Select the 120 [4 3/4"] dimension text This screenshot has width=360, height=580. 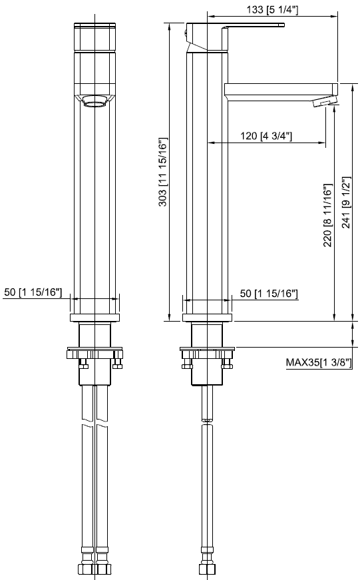[x=267, y=136]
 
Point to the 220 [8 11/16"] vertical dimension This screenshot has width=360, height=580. [x=327, y=216]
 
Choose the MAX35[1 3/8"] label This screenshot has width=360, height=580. [x=319, y=362]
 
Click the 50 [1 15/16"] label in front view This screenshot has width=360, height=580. [x=33, y=292]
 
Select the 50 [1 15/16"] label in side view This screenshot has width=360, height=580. [x=268, y=293]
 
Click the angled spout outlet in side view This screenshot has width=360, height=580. [x=325, y=101]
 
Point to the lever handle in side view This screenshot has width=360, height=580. [x=253, y=27]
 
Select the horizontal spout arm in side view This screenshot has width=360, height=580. [x=279, y=89]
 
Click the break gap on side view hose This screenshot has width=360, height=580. [x=207, y=420]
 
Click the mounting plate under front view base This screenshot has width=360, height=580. [x=95, y=354]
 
